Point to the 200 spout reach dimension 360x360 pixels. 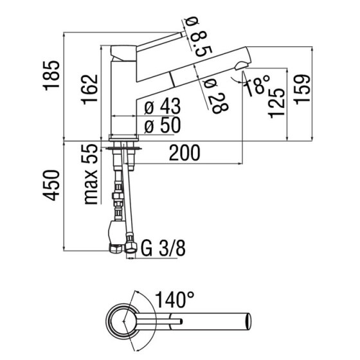(x=184, y=153)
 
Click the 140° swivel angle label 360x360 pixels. (x=174, y=299)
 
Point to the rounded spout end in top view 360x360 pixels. (x=248, y=320)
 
